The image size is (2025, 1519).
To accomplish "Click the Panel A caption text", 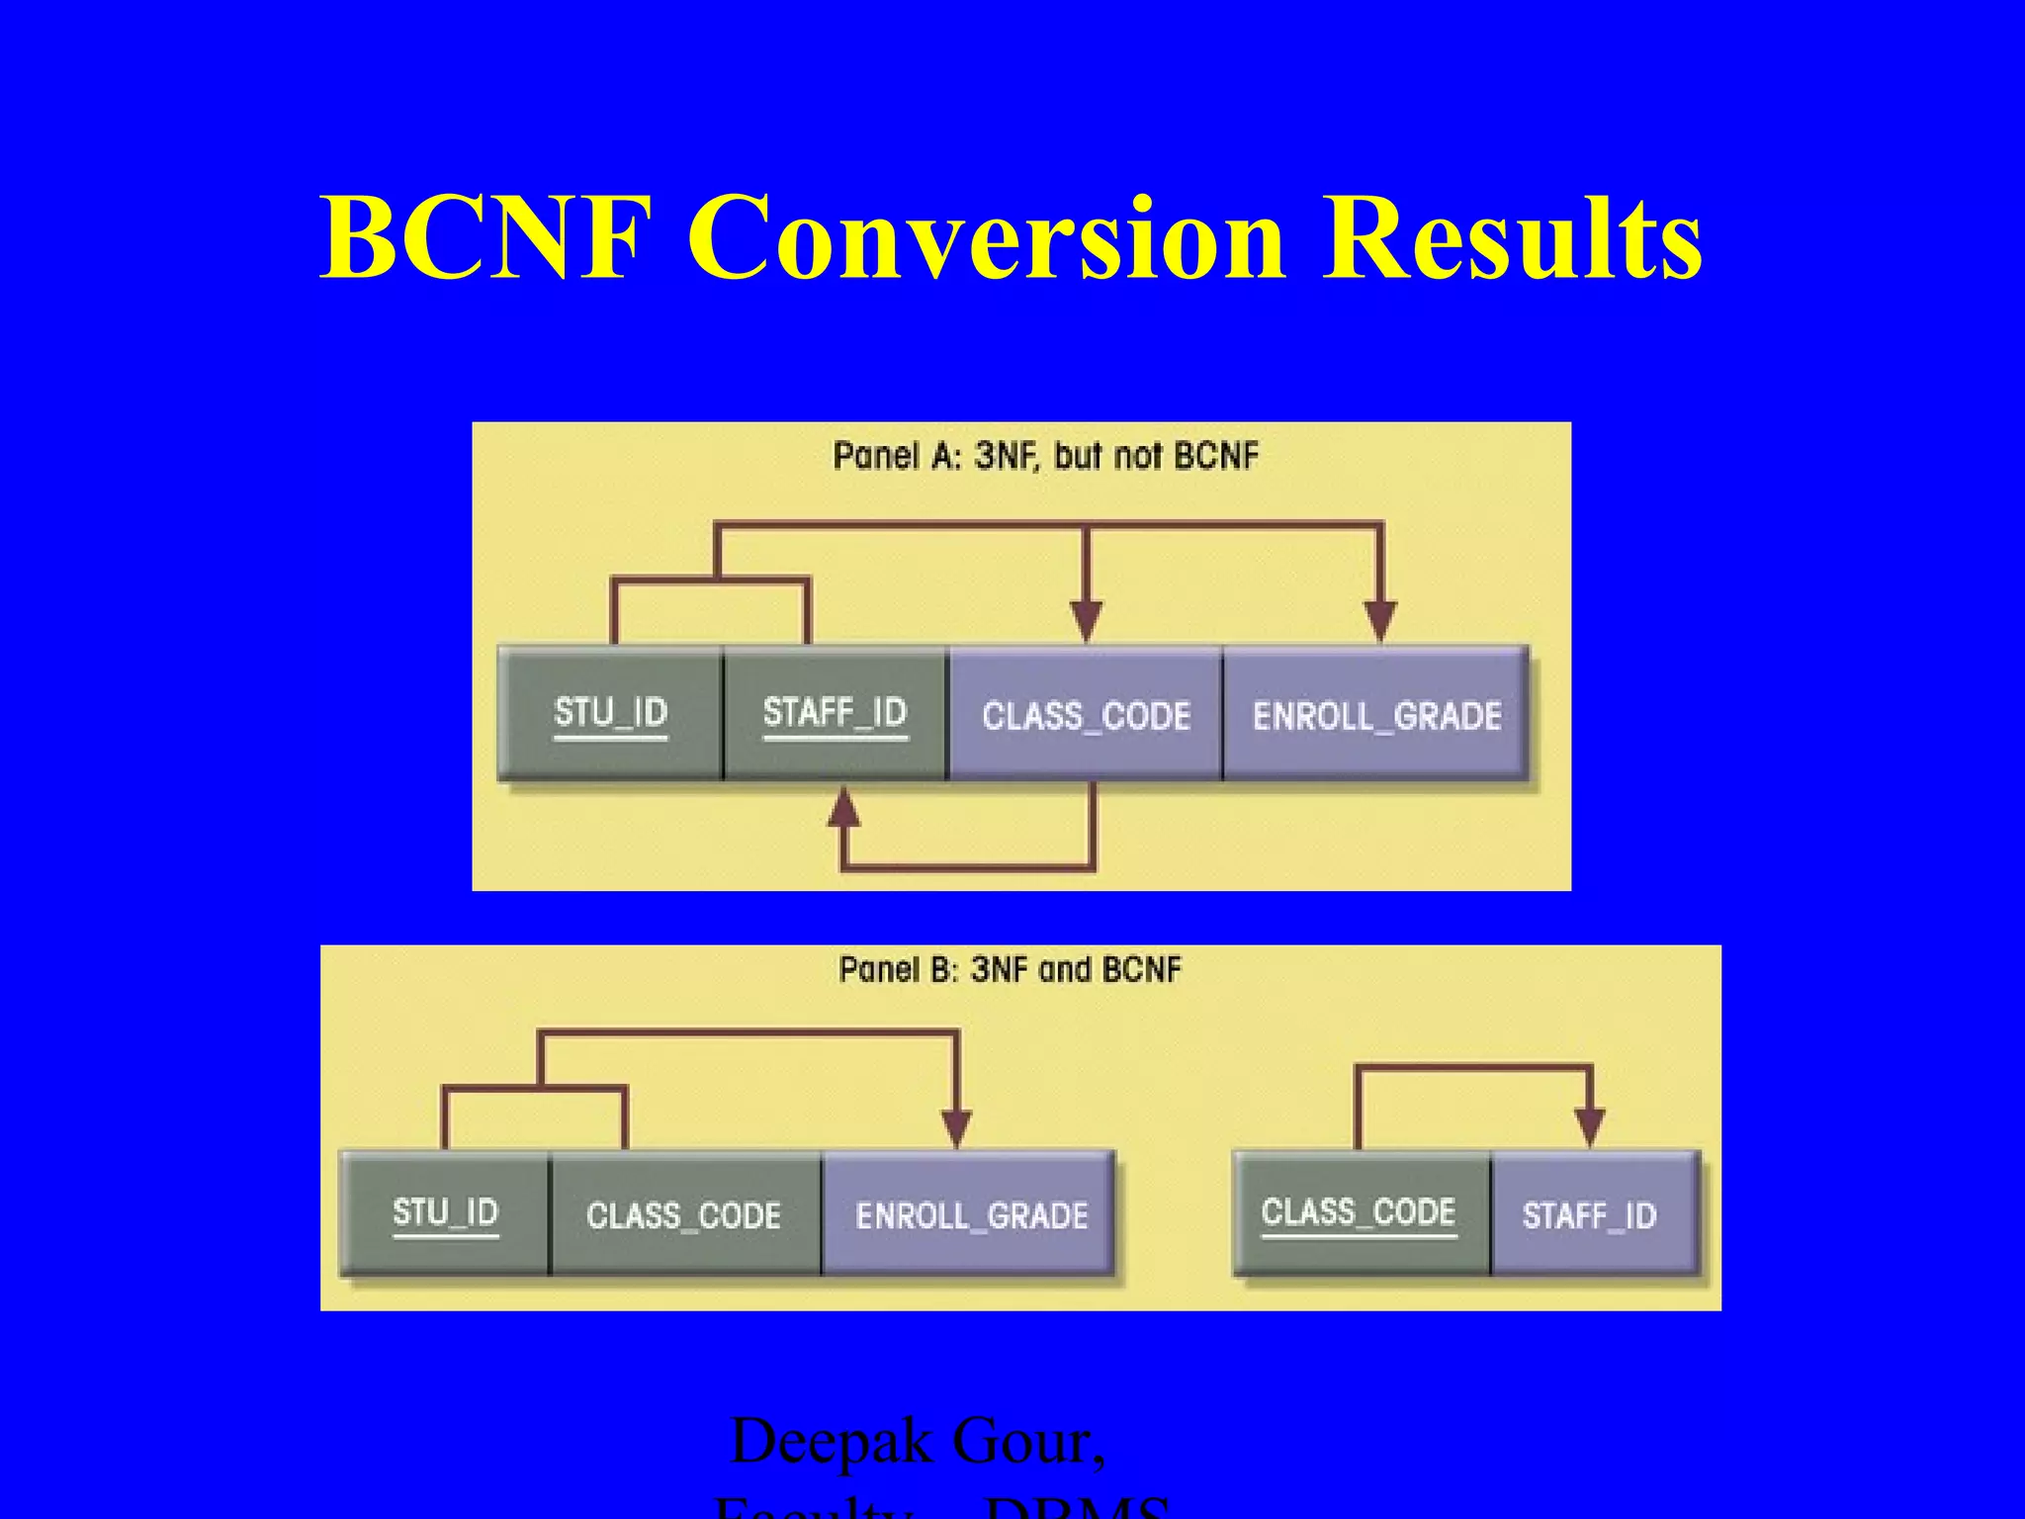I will tap(1045, 456).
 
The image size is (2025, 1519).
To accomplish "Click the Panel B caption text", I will tap(1010, 969).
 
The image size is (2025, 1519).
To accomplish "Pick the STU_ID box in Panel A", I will tap(610, 713).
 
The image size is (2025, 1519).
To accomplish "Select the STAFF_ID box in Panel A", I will tap(835, 713).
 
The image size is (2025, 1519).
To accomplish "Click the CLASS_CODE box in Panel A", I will tap(1085, 715).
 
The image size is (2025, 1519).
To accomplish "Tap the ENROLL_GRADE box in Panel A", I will tap(1375, 715).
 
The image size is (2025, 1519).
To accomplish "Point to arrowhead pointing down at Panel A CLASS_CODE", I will tap(1086, 621).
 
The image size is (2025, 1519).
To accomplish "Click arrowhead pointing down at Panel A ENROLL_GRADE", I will tap(1380, 621).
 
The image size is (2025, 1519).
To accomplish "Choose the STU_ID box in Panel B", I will tap(445, 1213).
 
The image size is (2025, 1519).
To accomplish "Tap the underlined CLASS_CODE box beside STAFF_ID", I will tap(1359, 1213).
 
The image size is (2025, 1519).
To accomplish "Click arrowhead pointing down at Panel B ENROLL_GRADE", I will tap(956, 1127).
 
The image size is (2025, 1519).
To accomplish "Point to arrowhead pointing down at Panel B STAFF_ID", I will tap(1589, 1127).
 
